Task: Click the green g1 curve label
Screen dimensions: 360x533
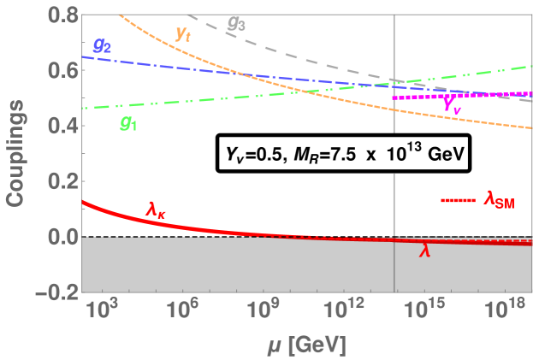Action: [128, 123]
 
